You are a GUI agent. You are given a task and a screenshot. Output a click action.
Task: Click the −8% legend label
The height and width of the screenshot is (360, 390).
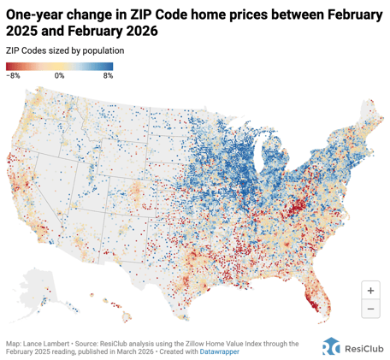click(x=14, y=76)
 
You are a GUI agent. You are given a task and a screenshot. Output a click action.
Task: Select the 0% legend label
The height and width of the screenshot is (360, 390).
click(x=59, y=76)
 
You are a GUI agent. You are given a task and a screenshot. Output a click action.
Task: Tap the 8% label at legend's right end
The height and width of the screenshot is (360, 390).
click(x=108, y=76)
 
